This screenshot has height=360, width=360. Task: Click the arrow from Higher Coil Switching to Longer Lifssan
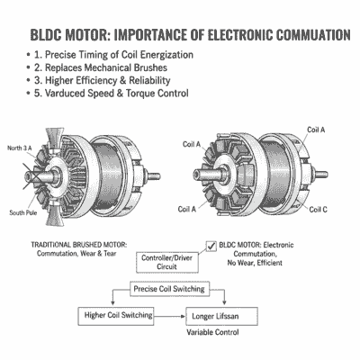(170, 317)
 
